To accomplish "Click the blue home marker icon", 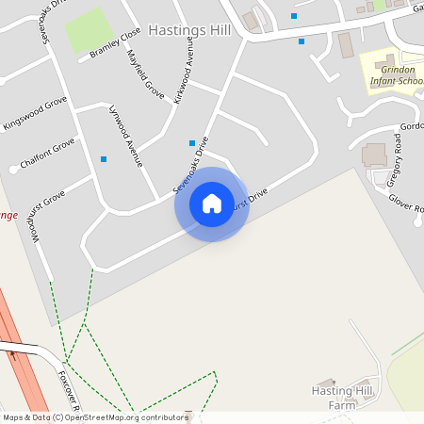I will click(212, 204).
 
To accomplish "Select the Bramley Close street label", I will click(115, 43).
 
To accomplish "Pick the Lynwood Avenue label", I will click(126, 136).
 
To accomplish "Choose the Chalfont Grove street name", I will click(47, 155).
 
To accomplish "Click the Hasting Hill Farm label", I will click(344, 397).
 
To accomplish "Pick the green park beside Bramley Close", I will click(86, 30).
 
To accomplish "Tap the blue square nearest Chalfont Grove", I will click(104, 159).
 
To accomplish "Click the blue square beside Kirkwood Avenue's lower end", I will click(192, 143).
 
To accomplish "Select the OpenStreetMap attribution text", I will click(94, 417).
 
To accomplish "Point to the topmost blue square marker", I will click(294, 16).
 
